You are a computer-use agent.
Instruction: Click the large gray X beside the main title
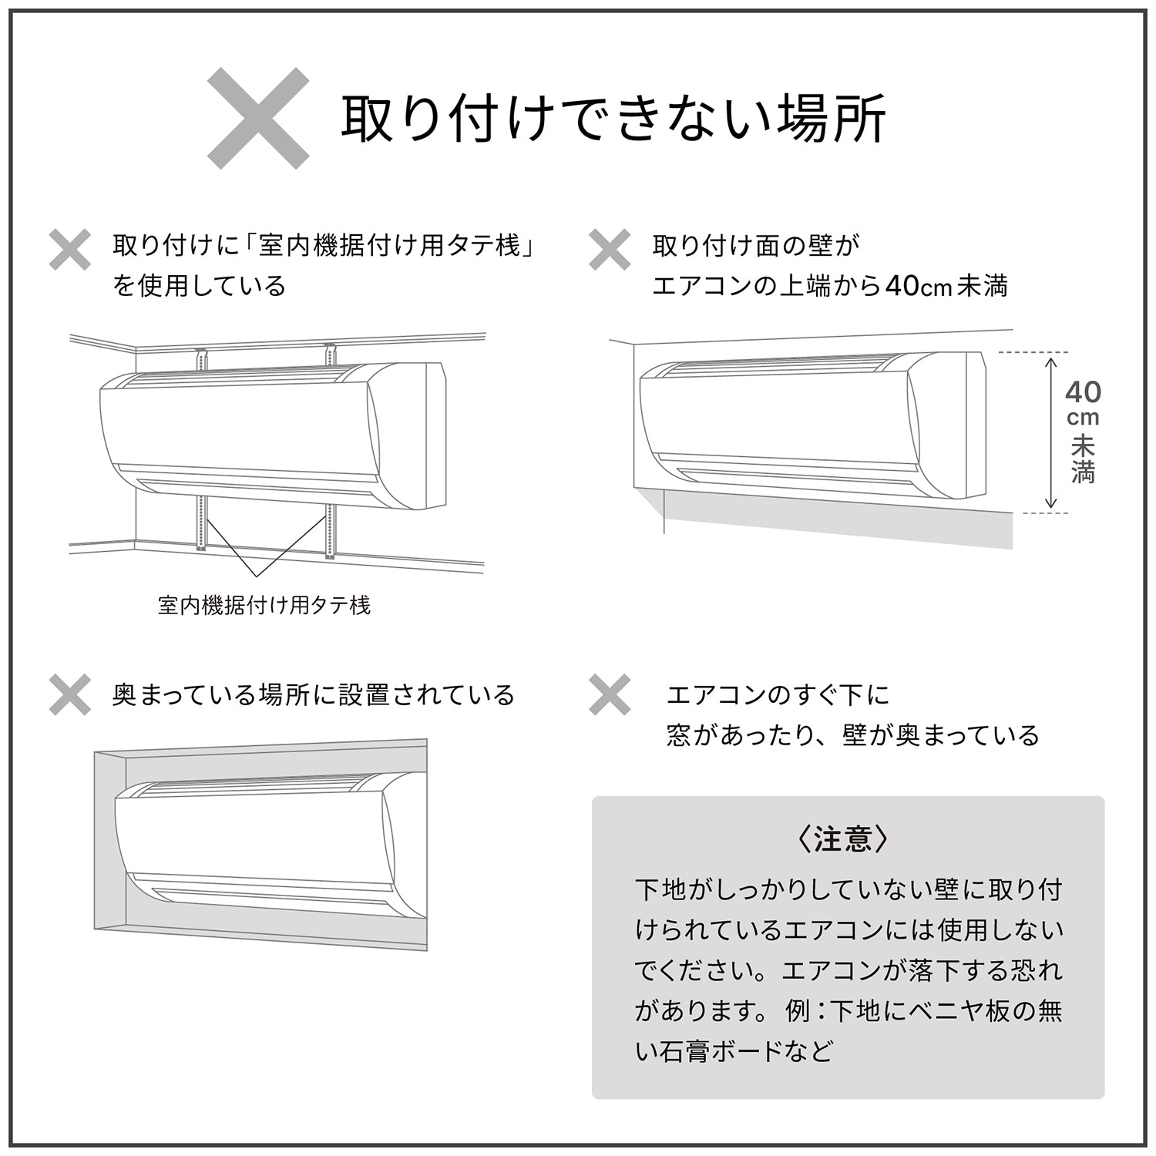[x=258, y=118]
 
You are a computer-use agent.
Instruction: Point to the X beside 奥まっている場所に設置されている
[x=70, y=694]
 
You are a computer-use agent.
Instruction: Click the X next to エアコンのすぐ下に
[x=610, y=694]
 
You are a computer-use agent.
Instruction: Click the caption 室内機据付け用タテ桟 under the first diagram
[x=264, y=606]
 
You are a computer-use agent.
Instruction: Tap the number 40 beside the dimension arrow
[x=1083, y=392]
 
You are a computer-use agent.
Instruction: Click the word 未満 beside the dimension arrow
[x=1083, y=459]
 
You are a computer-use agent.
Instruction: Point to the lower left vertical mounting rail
[x=201, y=523]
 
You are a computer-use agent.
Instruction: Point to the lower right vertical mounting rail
[x=331, y=531]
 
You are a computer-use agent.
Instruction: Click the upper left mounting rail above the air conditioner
[x=202, y=361]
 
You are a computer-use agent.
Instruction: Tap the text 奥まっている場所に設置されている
[x=313, y=695]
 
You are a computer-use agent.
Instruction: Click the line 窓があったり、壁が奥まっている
[x=853, y=735]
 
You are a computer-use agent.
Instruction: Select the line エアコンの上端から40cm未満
[x=830, y=287]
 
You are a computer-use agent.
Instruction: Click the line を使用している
[x=199, y=287]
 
